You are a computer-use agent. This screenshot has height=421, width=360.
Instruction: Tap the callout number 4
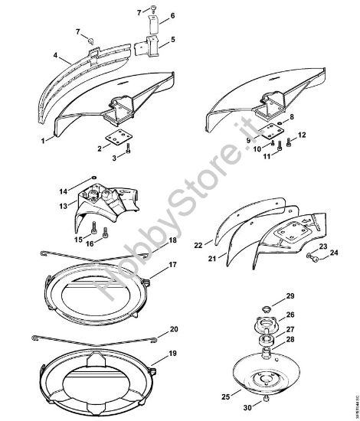pyautogui.click(x=56, y=55)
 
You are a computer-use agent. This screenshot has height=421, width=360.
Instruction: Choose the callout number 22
pyautogui.click(x=198, y=246)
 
